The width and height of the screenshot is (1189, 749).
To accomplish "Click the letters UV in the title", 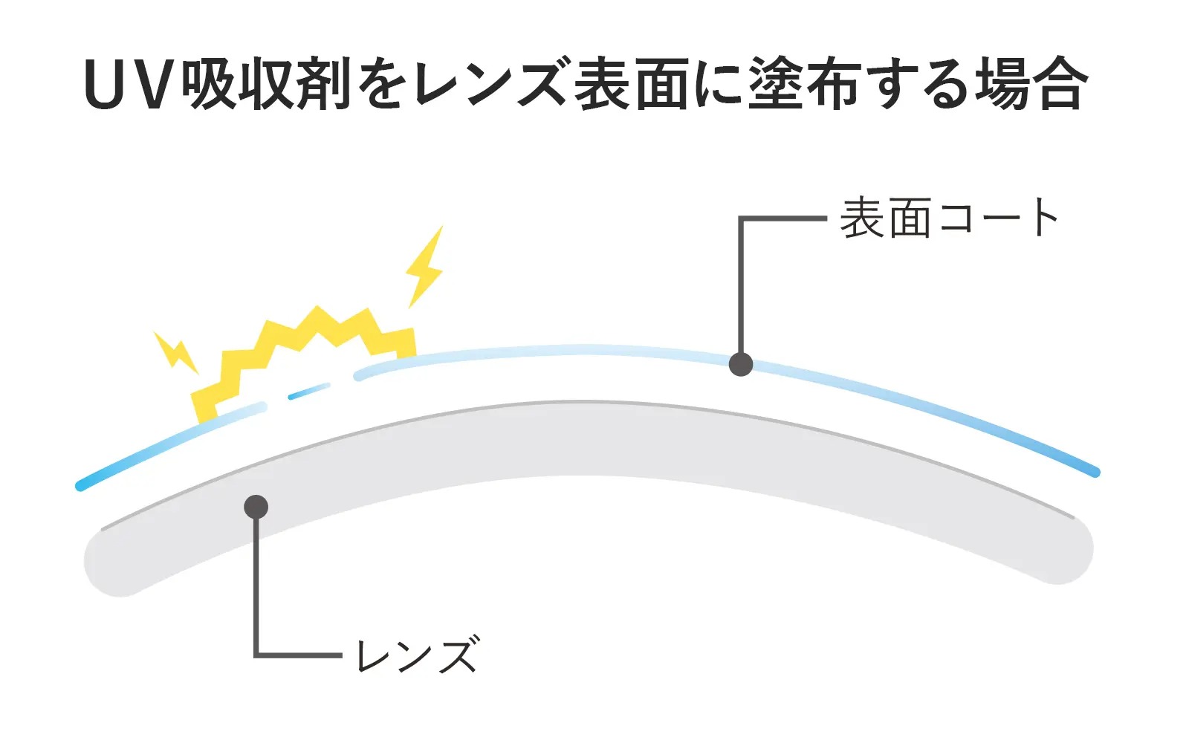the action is pos(131,85).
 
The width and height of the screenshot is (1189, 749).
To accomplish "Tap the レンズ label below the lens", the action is pos(418,655).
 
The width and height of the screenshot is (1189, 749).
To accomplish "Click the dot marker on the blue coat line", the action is pos(740,364).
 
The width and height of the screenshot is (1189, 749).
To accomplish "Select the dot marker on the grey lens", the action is pos(256,507).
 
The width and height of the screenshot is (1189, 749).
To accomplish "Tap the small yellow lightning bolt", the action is pos(175,352).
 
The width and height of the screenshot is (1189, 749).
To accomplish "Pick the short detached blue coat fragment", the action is pos(309,391).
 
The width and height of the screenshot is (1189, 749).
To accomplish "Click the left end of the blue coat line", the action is pos(80,486).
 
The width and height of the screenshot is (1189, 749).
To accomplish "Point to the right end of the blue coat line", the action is pos(1095,473).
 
